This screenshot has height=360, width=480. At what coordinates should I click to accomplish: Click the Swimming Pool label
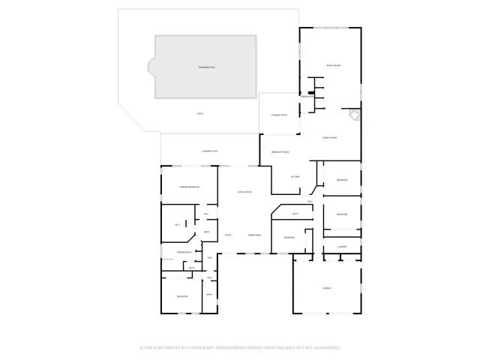coord(208,67)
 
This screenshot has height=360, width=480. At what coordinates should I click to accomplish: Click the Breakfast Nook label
coord(280,152)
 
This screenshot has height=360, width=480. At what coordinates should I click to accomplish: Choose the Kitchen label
coord(295,177)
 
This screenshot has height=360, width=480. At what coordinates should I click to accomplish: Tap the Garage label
coord(327,288)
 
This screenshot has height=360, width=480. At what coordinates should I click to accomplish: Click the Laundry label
coord(341,247)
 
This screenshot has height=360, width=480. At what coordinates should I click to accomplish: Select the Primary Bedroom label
coord(188,186)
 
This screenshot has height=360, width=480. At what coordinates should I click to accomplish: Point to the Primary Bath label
coord(184,253)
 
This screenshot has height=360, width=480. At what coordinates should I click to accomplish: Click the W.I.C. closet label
coord(177,225)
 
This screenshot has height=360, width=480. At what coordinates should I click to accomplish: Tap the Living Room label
coord(244,193)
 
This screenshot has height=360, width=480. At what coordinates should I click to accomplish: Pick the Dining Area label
coord(253,235)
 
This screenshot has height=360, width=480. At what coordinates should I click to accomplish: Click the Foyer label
coord(227,235)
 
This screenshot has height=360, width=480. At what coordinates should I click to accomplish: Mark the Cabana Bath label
coord(307,97)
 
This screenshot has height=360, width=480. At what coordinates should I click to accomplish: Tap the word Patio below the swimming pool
coord(200,113)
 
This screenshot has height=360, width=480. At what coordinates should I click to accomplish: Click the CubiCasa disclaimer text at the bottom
coord(240,348)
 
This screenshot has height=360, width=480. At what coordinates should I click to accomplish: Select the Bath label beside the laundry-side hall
coord(295,214)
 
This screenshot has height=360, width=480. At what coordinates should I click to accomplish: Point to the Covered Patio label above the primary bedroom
coord(209,152)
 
